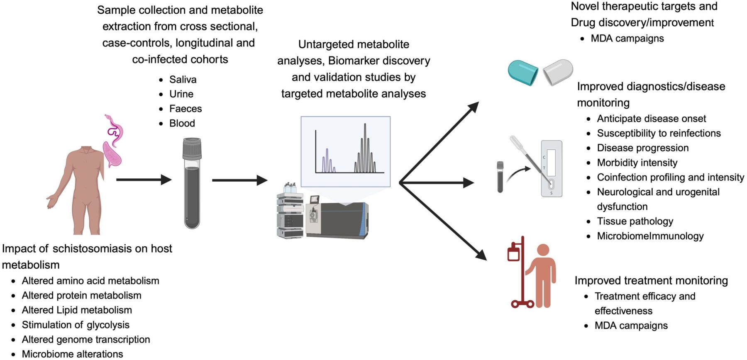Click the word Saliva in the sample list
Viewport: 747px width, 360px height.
click(183, 80)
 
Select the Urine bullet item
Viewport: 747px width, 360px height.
click(181, 94)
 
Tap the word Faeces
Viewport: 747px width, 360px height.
click(185, 109)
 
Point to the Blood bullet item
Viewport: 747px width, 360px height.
click(182, 123)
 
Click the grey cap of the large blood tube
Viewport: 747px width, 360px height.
click(192, 148)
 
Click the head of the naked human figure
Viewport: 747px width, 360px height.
click(87, 148)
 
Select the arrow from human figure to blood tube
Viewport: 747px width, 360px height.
click(144, 180)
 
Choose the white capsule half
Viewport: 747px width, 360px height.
click(558, 72)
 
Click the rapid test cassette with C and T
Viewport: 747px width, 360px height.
click(552, 168)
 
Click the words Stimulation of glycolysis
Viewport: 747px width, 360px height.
click(76, 325)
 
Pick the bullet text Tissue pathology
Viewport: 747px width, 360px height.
click(635, 221)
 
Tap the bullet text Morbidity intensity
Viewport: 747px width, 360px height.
click(637, 163)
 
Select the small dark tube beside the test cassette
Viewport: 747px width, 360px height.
click(500, 177)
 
